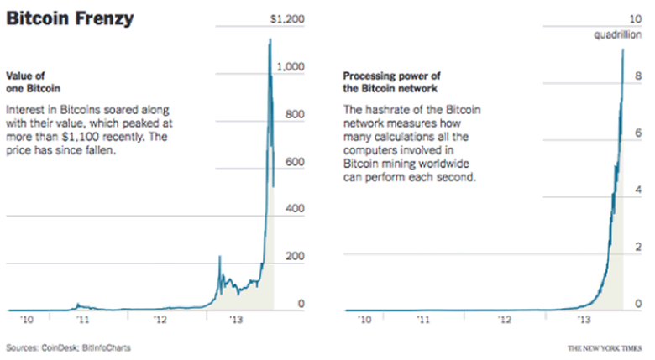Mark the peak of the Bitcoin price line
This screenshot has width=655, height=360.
(270, 39)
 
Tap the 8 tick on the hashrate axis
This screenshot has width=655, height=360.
(639, 76)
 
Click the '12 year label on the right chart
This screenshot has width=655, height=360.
(503, 319)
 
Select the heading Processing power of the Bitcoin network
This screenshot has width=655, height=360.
(391, 82)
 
